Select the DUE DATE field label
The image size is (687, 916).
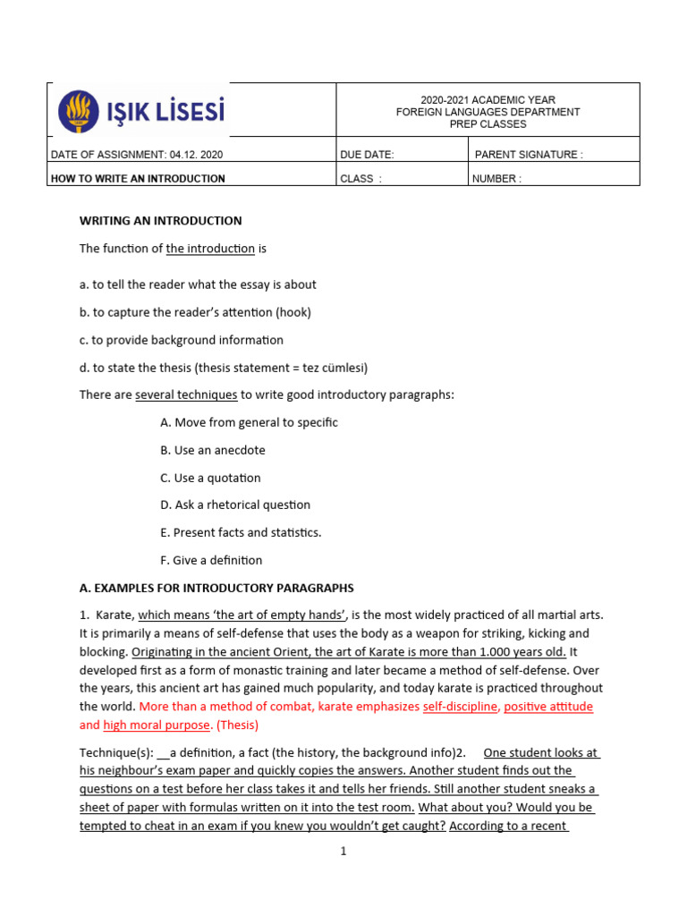point(367,155)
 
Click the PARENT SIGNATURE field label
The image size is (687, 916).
point(528,155)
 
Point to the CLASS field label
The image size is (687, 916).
point(360,179)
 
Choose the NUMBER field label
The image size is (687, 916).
point(496,179)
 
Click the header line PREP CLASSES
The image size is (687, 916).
point(488,124)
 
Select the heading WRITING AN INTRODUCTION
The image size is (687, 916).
point(161,221)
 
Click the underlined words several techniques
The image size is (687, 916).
point(186,394)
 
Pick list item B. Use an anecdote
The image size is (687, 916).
point(213,450)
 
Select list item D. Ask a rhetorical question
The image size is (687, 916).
point(235,505)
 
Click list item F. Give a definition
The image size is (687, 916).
point(211,560)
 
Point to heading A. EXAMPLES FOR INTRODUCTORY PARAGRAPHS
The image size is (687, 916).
point(216,588)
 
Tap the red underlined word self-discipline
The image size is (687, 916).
point(460,707)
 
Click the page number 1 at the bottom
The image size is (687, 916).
point(343,852)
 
